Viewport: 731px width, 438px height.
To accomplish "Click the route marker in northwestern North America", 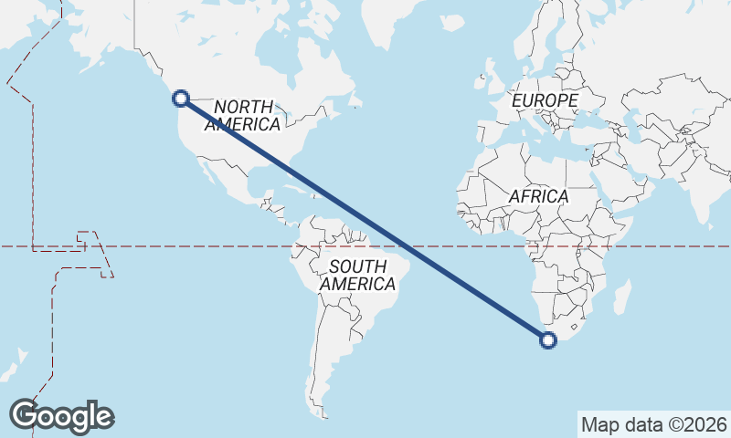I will click(181, 98).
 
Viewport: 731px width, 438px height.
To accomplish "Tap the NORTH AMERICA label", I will click(243, 116).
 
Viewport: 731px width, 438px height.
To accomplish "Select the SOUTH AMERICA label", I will click(357, 275).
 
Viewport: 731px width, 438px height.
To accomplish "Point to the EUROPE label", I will click(546, 100).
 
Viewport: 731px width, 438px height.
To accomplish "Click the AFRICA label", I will click(538, 196).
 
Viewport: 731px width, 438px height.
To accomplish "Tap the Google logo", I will click(61, 415).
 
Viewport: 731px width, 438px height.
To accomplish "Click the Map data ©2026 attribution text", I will click(654, 424).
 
